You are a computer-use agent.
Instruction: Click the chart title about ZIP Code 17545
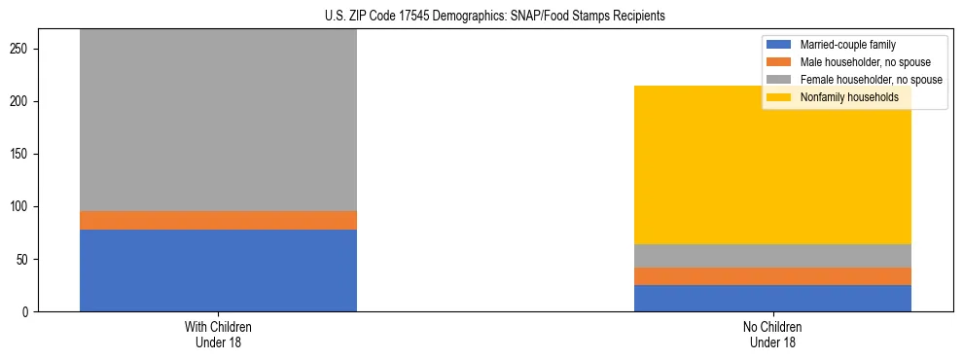[x=481, y=16]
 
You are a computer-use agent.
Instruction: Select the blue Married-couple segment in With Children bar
[x=218, y=270]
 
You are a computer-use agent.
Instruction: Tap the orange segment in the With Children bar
[x=218, y=220]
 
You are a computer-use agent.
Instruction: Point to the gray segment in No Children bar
[x=772, y=256]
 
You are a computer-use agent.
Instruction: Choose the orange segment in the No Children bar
[x=772, y=276]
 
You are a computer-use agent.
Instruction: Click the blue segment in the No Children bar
[x=772, y=298]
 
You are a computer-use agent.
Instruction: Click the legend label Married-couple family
[x=847, y=45]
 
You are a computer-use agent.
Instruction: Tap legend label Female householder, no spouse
[x=871, y=80]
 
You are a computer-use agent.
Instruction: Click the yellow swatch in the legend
[x=779, y=97]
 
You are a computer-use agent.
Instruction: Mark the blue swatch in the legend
[x=779, y=45]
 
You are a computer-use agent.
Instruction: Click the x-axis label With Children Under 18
[x=218, y=334]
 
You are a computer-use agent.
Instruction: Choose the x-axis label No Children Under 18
[x=772, y=334]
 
